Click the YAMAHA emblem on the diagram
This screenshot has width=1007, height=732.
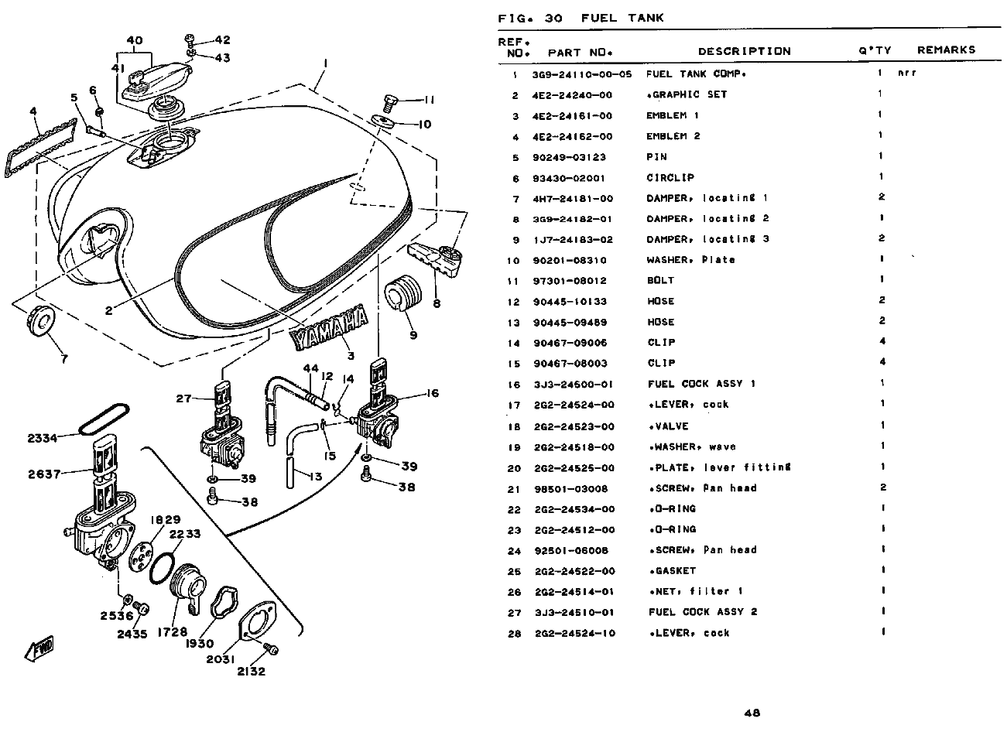click(x=329, y=325)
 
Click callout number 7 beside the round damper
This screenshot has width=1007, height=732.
click(x=63, y=359)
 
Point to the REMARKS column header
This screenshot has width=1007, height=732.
click(x=946, y=50)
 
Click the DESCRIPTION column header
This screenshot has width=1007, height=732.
click(x=744, y=51)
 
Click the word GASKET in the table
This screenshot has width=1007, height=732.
click(x=671, y=571)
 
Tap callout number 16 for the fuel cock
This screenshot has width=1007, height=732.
click(x=432, y=393)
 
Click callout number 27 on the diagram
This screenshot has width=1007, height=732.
click(x=183, y=398)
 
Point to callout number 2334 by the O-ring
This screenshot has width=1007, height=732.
click(x=43, y=439)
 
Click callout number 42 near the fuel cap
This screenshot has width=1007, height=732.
click(x=222, y=39)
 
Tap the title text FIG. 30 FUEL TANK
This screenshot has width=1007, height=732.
click(x=581, y=19)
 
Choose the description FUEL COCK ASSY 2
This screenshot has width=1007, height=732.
click(x=702, y=612)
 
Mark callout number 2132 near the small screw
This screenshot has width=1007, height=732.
click(x=252, y=672)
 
